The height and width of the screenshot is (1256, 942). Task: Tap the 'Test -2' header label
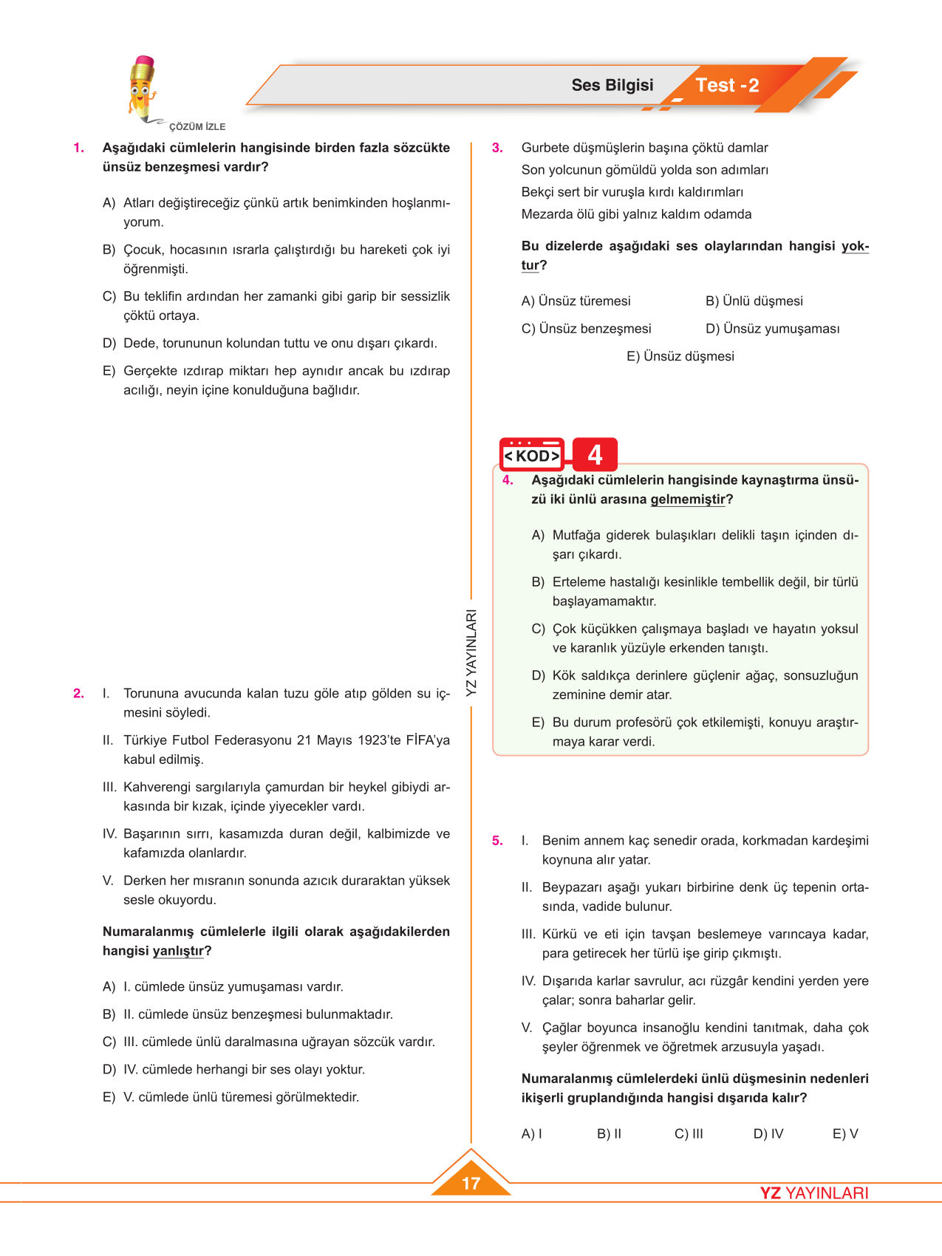point(727,86)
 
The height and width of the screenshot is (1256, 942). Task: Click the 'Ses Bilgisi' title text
point(612,86)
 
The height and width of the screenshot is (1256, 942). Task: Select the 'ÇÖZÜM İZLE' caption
point(197,127)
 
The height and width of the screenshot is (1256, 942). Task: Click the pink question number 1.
point(78,148)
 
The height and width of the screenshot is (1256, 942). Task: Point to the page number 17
point(471,1183)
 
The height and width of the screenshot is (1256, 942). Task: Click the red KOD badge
point(531,455)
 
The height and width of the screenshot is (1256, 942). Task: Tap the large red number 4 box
point(595,454)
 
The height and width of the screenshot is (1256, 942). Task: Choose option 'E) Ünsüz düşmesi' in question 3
point(680,356)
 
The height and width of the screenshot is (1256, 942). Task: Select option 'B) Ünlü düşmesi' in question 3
point(754,301)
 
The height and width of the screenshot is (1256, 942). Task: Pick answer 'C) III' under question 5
point(689,1133)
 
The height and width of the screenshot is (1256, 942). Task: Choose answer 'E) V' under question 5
point(845,1133)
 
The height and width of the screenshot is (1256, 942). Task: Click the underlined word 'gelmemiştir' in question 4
point(688,499)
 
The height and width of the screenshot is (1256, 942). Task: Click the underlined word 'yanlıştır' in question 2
point(178,951)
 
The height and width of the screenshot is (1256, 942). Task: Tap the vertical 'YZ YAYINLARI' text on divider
point(471,652)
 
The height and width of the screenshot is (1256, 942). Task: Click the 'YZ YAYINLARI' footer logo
point(814,1193)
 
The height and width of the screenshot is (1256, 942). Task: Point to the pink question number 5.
point(497,841)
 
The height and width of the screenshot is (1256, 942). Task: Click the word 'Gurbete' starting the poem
point(544,148)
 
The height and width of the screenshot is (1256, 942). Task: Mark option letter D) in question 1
point(109,344)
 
